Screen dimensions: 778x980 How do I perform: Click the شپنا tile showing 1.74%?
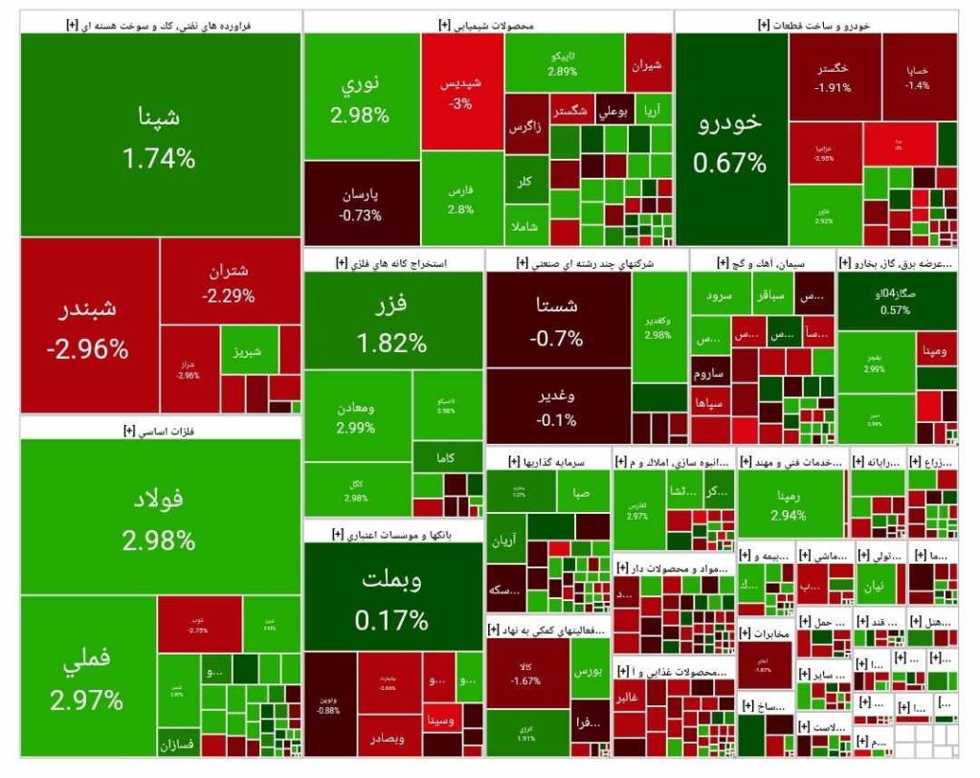[x=159, y=135]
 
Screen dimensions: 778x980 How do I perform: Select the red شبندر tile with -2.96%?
[x=88, y=326]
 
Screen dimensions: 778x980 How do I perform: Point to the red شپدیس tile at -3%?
[x=461, y=93]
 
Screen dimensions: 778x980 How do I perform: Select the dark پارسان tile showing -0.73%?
[x=361, y=203]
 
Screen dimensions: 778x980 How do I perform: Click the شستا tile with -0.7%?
[x=558, y=320]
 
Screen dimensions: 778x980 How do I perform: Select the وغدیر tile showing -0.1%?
[x=558, y=405]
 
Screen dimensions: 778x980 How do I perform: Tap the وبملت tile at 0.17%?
[x=392, y=597]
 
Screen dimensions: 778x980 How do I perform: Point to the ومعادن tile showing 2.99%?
[x=357, y=416]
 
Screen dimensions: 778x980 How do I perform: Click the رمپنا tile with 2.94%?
[x=790, y=503]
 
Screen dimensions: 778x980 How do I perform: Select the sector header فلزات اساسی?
[x=159, y=432]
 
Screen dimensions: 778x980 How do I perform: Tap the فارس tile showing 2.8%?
[x=461, y=198]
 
